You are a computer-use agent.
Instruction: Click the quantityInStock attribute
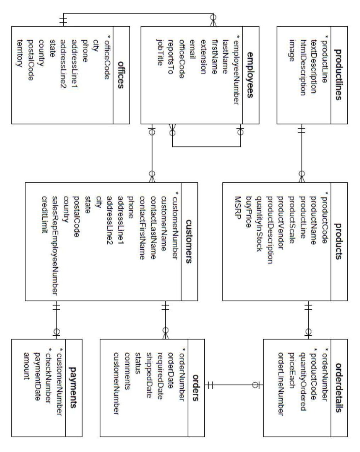[260, 222]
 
